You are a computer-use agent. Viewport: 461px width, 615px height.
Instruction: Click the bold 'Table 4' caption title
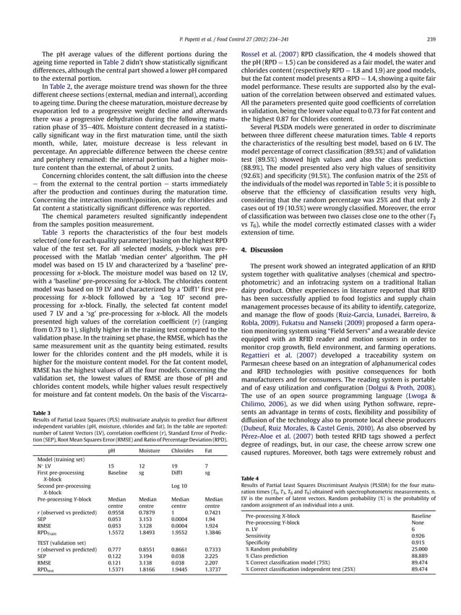coord(249,478)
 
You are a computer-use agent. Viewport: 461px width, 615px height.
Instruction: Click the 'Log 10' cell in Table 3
coord(179,486)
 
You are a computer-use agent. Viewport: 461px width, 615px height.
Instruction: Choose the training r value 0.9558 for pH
coord(116,512)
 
